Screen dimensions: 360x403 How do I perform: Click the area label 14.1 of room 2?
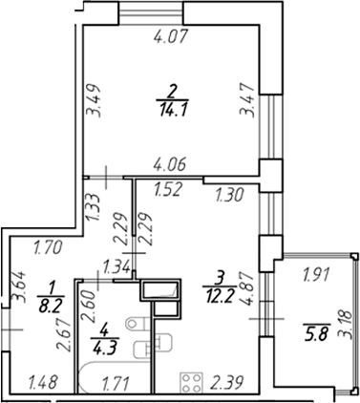(x=173, y=110)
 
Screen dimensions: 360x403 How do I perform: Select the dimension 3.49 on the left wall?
(x=95, y=100)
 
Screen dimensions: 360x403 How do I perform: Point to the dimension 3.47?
(x=247, y=100)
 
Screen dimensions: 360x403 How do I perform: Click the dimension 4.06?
(x=170, y=165)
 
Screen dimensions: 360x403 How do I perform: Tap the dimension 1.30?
(x=229, y=195)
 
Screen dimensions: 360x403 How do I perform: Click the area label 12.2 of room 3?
(x=219, y=296)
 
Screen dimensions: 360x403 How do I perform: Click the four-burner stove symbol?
(x=192, y=382)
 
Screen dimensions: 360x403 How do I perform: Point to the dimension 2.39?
(x=226, y=382)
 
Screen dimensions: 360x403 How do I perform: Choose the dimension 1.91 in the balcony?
(x=317, y=274)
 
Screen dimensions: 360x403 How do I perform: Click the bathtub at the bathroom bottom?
(x=115, y=377)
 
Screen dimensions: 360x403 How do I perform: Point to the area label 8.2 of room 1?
(x=51, y=300)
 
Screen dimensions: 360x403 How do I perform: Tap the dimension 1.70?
(x=48, y=248)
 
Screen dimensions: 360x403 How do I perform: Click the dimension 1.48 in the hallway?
(x=43, y=382)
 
